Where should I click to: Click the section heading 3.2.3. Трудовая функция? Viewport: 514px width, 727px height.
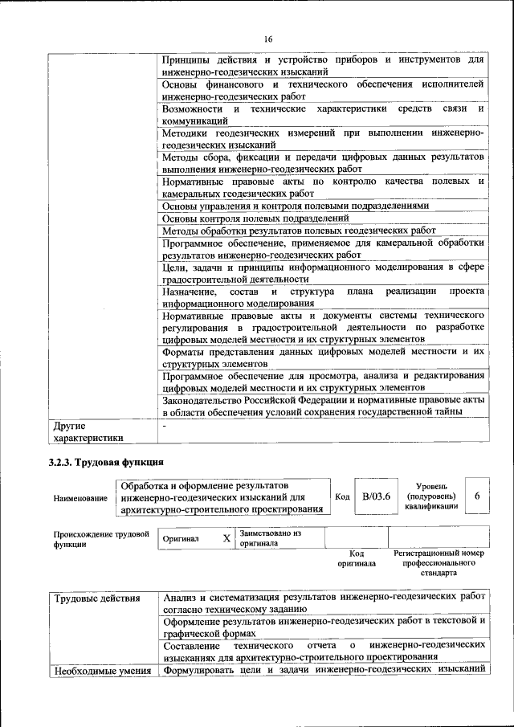pos(106,462)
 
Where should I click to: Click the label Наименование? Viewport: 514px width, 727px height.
pos(80,499)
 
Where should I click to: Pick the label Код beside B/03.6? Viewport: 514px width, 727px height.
pos(342,497)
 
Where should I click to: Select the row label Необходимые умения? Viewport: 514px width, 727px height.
pos(102,670)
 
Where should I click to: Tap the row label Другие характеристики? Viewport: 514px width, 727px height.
pos(88,431)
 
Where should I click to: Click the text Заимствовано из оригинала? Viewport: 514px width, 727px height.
pos(270,537)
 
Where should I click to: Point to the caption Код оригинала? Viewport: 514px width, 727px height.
pos(357,558)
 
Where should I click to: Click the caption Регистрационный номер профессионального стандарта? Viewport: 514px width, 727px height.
pos(439,563)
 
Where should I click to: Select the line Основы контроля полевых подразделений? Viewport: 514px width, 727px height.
pos(255,218)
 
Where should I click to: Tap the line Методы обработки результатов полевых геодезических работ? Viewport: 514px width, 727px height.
pos(299,231)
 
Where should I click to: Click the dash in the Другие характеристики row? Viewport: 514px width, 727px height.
pos(164,425)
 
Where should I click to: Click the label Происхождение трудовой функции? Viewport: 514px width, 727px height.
pos(101,538)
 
